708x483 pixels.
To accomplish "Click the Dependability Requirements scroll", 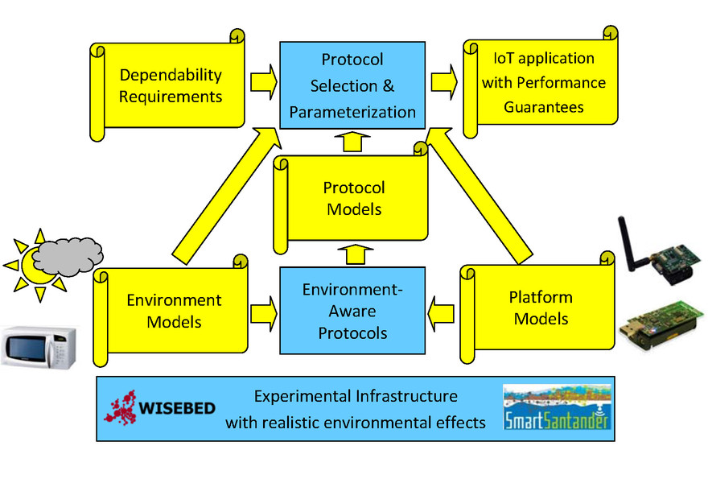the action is coord(168,86).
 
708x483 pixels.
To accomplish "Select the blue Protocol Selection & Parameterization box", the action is coord(352,85).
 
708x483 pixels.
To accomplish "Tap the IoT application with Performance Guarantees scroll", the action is coord(541,82).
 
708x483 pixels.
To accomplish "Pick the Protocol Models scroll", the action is coord(352,199).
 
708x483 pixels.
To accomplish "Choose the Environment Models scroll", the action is coord(171,311).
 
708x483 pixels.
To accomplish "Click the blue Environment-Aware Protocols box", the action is coord(352,311).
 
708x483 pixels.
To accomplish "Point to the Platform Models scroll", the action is coord(537,308).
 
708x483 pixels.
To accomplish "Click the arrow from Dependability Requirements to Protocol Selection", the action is coord(264,82).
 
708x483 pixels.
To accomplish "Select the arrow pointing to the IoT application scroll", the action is coord(444,82).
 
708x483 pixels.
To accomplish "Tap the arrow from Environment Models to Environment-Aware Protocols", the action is coord(264,314).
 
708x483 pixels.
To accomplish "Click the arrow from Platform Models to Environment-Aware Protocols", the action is coord(440,314).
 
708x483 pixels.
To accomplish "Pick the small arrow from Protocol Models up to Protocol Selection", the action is coord(352,142).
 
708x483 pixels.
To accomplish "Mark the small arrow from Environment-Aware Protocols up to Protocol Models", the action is coord(356,254).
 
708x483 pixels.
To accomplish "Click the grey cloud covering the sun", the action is coord(68,256).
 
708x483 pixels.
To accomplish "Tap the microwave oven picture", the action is coord(39,347).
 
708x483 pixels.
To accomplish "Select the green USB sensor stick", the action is coord(661,324).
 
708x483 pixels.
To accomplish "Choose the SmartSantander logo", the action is coord(557,407).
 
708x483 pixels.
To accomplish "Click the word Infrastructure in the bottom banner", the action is coord(406,396).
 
